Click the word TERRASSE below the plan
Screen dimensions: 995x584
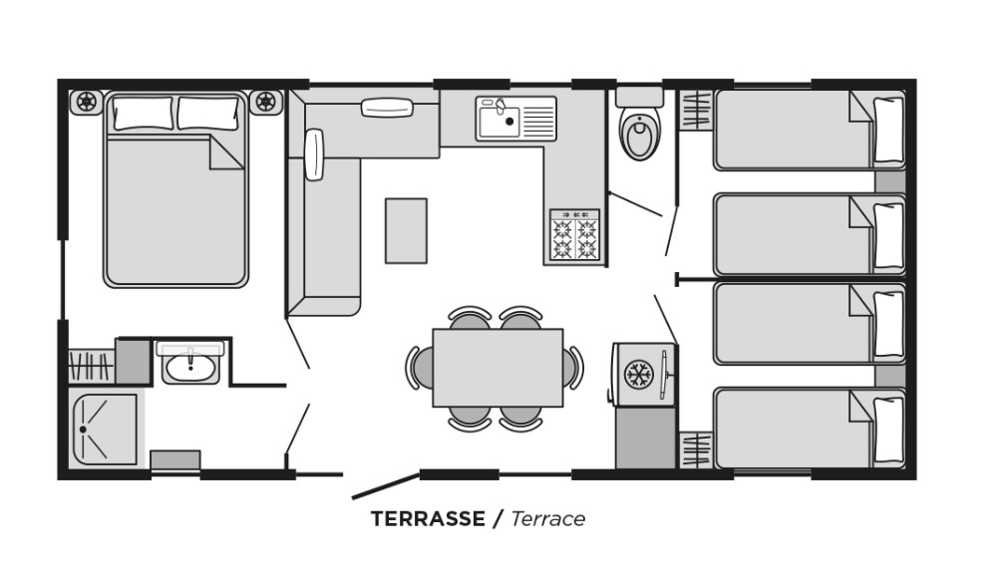pyautogui.click(x=428, y=518)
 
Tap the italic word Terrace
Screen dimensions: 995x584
pyautogui.click(x=547, y=518)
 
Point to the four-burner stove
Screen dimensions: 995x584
pyautogui.click(x=574, y=235)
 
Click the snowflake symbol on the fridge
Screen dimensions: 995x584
pyautogui.click(x=638, y=374)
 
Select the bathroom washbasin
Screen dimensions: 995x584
pyautogui.click(x=190, y=364)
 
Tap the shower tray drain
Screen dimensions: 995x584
pyautogui.click(x=83, y=430)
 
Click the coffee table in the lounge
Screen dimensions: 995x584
pyautogui.click(x=406, y=231)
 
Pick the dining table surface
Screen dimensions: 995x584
pyautogui.click(x=497, y=368)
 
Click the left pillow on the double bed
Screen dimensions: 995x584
pyautogui.click(x=143, y=113)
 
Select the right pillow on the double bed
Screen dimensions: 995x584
pyautogui.click(x=208, y=113)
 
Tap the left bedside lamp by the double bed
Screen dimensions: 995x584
pyautogui.click(x=87, y=102)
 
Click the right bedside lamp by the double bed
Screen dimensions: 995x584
pyautogui.click(x=266, y=102)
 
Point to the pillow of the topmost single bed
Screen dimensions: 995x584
pyautogui.click(x=888, y=130)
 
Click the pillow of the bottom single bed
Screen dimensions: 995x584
pyautogui.click(x=888, y=431)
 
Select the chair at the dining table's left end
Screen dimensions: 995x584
pyautogui.click(x=420, y=368)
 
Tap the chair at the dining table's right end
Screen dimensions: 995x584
pyautogui.click(x=572, y=368)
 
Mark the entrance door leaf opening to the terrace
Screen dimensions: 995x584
pyautogui.click(x=386, y=485)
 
